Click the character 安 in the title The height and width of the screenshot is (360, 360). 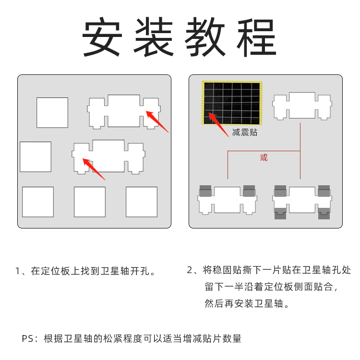101,38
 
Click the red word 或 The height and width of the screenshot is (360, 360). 264,157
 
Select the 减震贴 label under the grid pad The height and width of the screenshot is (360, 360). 245,132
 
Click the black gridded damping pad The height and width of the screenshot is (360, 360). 230,102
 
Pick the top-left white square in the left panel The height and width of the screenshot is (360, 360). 52,112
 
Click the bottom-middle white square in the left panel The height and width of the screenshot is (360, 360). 89,202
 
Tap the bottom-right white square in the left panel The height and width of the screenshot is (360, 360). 142,202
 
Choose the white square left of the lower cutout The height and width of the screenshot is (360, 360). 36,156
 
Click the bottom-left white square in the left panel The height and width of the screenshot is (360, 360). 38,202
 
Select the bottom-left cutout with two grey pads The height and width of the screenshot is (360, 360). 227,199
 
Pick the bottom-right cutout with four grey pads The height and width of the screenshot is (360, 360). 302,201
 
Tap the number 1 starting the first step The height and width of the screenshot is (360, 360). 18,271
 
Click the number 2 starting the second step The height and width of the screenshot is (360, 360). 190,270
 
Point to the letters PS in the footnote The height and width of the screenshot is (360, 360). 28,339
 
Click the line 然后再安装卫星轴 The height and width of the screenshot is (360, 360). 246,304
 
